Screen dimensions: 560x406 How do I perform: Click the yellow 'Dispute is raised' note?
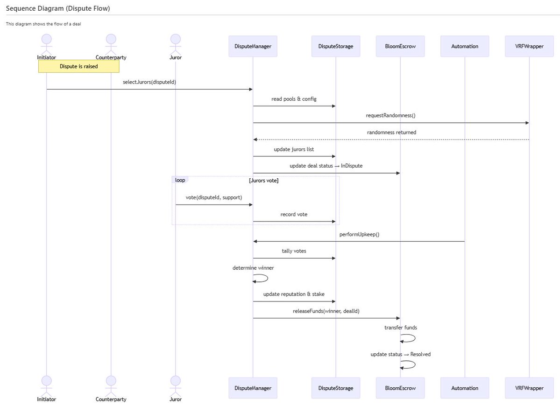click(x=78, y=66)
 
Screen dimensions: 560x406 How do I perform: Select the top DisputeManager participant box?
click(x=253, y=46)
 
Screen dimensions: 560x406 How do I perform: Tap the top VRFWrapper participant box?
click(x=529, y=46)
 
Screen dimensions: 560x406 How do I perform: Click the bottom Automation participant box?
click(x=465, y=388)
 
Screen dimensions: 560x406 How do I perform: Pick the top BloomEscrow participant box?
click(x=400, y=46)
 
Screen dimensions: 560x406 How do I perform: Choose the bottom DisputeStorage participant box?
click(x=336, y=388)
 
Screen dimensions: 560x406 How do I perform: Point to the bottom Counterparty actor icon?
click(x=111, y=385)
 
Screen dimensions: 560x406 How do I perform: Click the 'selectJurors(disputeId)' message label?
click(x=149, y=82)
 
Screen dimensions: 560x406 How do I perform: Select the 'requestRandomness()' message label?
click(x=391, y=116)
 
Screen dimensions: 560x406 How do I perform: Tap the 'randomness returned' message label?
click(x=391, y=133)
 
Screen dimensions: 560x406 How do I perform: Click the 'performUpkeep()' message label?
click(x=359, y=234)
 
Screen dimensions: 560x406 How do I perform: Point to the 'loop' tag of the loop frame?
click(x=180, y=180)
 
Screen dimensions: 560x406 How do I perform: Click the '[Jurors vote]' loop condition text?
click(x=263, y=181)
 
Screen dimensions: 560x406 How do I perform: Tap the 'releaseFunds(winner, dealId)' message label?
click(x=326, y=311)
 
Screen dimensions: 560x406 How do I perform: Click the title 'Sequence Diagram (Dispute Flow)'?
click(x=58, y=8)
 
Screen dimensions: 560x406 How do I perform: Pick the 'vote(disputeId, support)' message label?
click(x=213, y=198)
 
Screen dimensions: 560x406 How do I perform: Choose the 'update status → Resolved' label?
click(x=400, y=354)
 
